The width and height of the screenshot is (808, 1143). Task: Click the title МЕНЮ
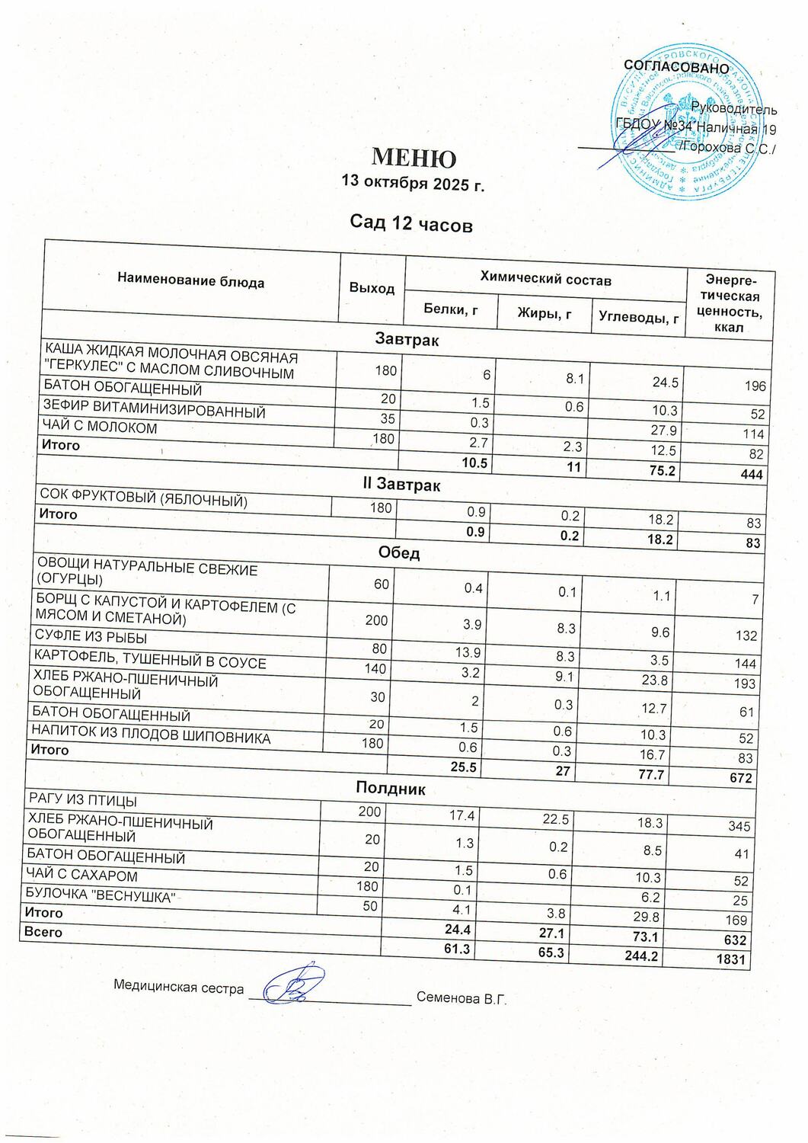(414, 158)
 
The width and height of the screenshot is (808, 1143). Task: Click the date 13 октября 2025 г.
(414, 184)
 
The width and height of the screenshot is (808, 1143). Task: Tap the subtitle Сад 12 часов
(411, 224)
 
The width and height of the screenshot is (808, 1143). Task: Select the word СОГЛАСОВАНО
(676, 67)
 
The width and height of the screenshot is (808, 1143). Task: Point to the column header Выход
(372, 288)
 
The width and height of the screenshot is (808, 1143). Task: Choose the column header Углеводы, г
(638, 317)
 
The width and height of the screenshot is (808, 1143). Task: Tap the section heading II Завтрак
(401, 484)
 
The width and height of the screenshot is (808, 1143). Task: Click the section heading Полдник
(391, 788)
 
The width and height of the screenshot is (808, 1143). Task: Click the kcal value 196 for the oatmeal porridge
(755, 386)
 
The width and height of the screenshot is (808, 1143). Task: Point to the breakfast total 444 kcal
(752, 474)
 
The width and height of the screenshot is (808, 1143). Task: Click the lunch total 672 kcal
(741, 778)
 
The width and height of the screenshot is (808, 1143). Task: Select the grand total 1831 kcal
(730, 959)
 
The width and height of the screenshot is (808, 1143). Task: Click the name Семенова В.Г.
(461, 999)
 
